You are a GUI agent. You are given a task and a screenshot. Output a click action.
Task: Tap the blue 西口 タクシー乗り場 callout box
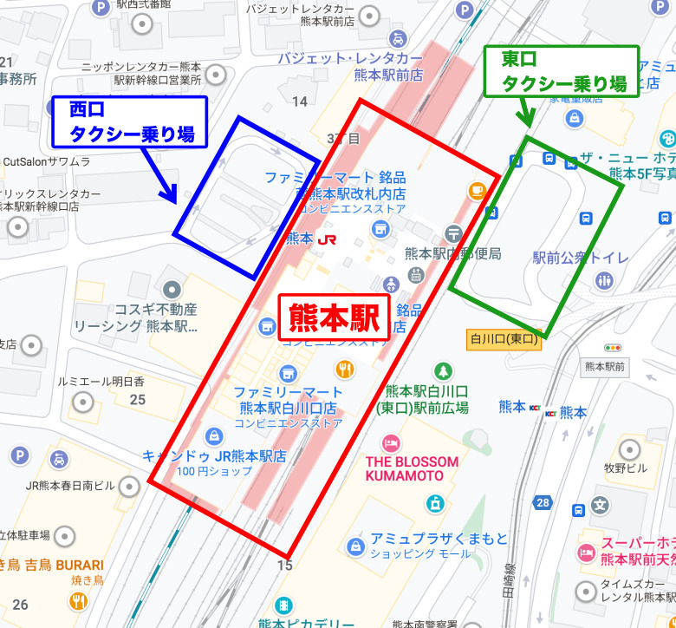pyautogui.click(x=131, y=121)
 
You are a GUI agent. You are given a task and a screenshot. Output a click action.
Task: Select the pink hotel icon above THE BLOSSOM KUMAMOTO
pyautogui.click(x=391, y=443)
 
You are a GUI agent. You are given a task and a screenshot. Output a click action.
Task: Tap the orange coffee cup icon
pyautogui.click(x=476, y=190)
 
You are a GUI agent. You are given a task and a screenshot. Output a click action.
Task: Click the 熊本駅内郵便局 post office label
pyautogui.click(x=453, y=253)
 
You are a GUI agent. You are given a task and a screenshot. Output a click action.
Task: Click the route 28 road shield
pyautogui.click(x=543, y=502)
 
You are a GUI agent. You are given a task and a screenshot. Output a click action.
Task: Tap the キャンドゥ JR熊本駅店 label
pyautogui.click(x=214, y=455)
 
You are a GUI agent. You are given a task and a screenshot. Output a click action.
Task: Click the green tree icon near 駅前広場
pyautogui.click(x=443, y=370)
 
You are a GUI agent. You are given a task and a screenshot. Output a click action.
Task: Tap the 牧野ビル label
pyautogui.click(x=625, y=468)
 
